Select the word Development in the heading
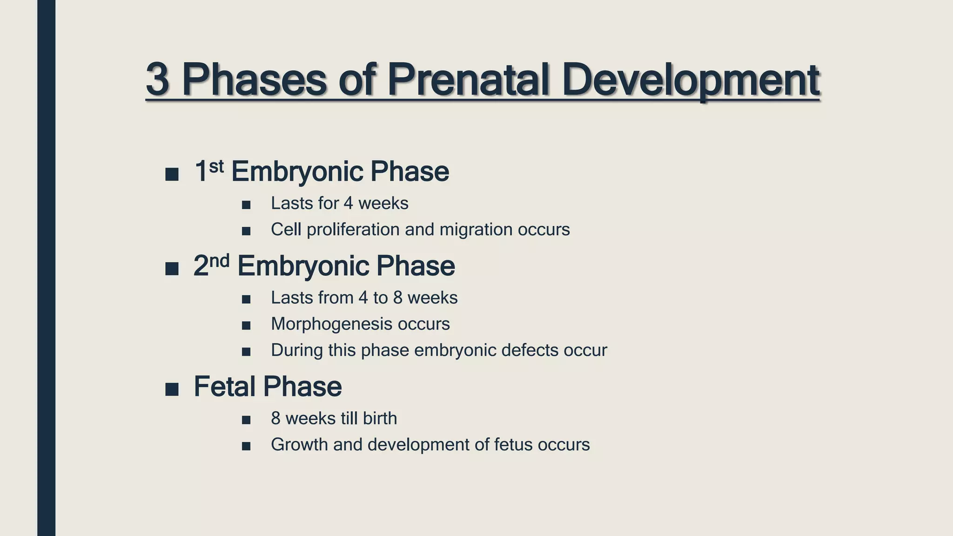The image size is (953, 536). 690,80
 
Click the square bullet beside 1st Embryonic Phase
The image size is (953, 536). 172,174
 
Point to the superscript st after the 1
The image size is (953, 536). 216,166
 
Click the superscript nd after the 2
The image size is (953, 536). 219,261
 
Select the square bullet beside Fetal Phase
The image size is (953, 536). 172,389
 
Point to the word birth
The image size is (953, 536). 380,418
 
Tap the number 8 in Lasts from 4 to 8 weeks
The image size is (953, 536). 397,298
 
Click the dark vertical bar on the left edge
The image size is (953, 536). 46,268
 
